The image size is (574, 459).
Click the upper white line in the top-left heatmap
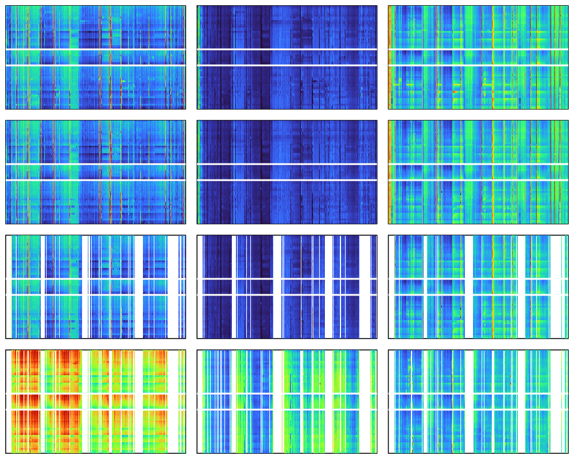[95, 49]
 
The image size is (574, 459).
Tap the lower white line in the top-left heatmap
[95, 65]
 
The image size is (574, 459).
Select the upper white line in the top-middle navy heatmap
[287, 49]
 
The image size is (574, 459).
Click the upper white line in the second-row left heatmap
[95, 164]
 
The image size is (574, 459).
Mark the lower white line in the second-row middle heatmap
[287, 180]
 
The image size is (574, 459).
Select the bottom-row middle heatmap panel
[287, 430]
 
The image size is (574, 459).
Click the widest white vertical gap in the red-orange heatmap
[172, 373]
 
